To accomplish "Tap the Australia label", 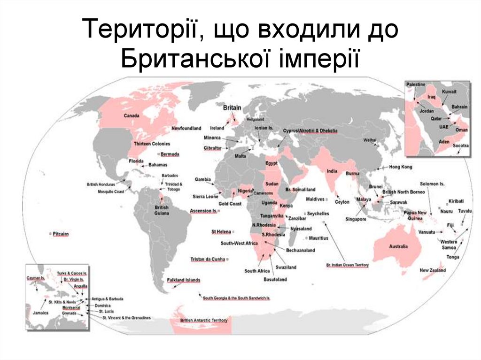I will [x=398, y=246].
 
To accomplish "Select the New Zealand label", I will [x=433, y=270].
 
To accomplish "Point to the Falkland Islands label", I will [x=184, y=280].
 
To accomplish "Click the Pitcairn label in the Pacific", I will [x=61, y=233].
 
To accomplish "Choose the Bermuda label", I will [x=170, y=154].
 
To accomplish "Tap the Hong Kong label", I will [x=401, y=167].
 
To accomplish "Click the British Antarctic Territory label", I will [x=204, y=320].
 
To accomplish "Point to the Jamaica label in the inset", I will [x=40, y=313].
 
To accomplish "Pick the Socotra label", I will [x=460, y=146].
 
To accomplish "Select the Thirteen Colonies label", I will [x=152, y=144].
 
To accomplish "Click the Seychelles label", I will [x=318, y=214].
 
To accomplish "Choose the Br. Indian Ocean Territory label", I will [x=348, y=265].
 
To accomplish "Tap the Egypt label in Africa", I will [x=272, y=163].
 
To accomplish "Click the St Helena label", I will [x=221, y=232].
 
